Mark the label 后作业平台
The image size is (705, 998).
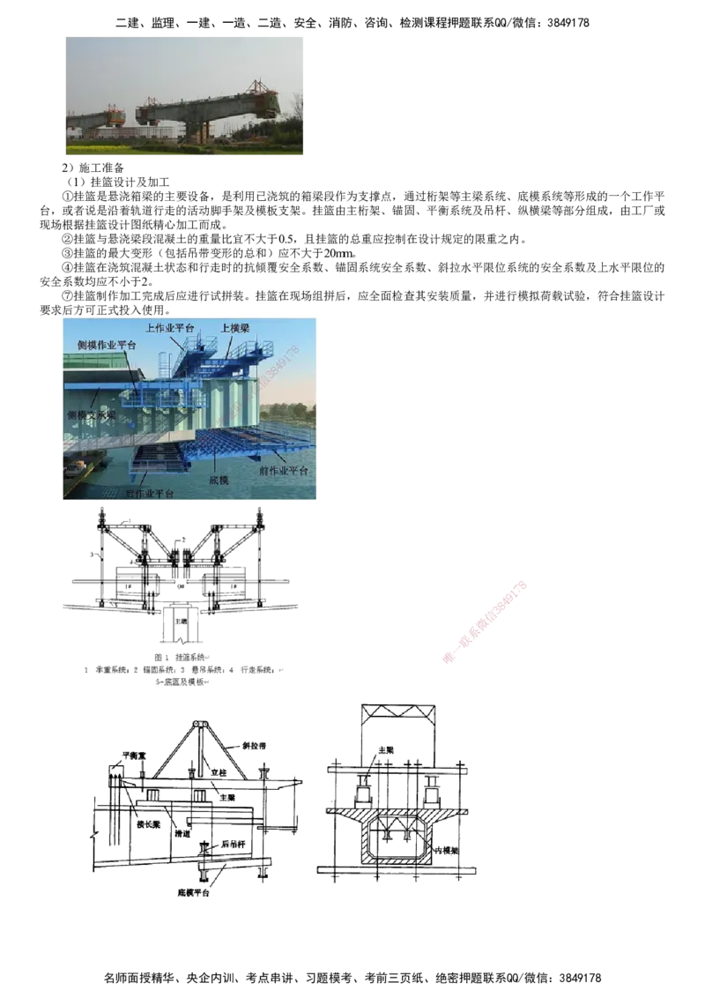(x=150, y=493)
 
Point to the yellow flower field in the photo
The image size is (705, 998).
(x=176, y=148)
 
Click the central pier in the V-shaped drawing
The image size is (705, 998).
(x=182, y=628)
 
